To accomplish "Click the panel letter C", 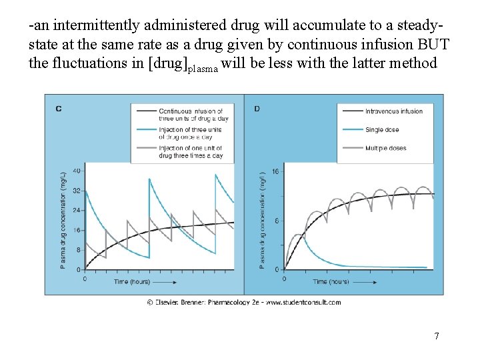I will point(59,108).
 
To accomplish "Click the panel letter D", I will point(257,108).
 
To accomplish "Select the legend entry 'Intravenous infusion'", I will point(393,111).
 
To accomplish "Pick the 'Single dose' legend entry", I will point(383,129).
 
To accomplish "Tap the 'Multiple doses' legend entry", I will point(386,148).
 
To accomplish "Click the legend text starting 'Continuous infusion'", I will point(191,114).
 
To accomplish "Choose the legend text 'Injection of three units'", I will point(191,133).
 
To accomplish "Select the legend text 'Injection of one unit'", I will point(191,151).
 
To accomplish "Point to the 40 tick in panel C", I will point(77,171).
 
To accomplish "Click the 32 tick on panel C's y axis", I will point(77,191).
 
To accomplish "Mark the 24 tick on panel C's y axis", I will point(77,210).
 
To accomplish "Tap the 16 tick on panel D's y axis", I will point(275,171).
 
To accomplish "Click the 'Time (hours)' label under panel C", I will point(131,281).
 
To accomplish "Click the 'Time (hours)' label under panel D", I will point(331,281).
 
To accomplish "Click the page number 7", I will point(437,336).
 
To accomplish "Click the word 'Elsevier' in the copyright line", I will point(171,302).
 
